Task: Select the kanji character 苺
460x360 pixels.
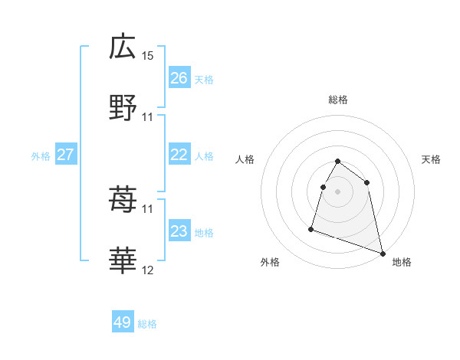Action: [123, 201]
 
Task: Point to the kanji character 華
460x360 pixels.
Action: [123, 262]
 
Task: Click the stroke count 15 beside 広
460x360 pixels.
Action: [148, 56]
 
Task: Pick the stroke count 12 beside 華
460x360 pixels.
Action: [148, 270]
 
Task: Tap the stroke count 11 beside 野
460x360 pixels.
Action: [148, 117]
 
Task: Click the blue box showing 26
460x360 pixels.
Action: [179, 78]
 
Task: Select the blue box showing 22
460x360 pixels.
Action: [179, 155]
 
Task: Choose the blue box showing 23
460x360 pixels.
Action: [179, 231]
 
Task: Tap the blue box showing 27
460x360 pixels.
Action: [66, 155]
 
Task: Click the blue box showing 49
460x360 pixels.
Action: [123, 322]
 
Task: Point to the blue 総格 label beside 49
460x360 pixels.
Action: [147, 324]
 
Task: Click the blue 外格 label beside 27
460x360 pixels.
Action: [41, 156]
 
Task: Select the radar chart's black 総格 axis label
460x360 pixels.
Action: [337, 100]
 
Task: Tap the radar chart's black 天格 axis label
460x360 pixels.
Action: [432, 159]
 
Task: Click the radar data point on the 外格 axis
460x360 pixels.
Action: [311, 228]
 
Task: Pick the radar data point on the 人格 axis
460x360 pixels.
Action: [323, 187]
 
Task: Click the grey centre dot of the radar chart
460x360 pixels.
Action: [337, 191]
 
